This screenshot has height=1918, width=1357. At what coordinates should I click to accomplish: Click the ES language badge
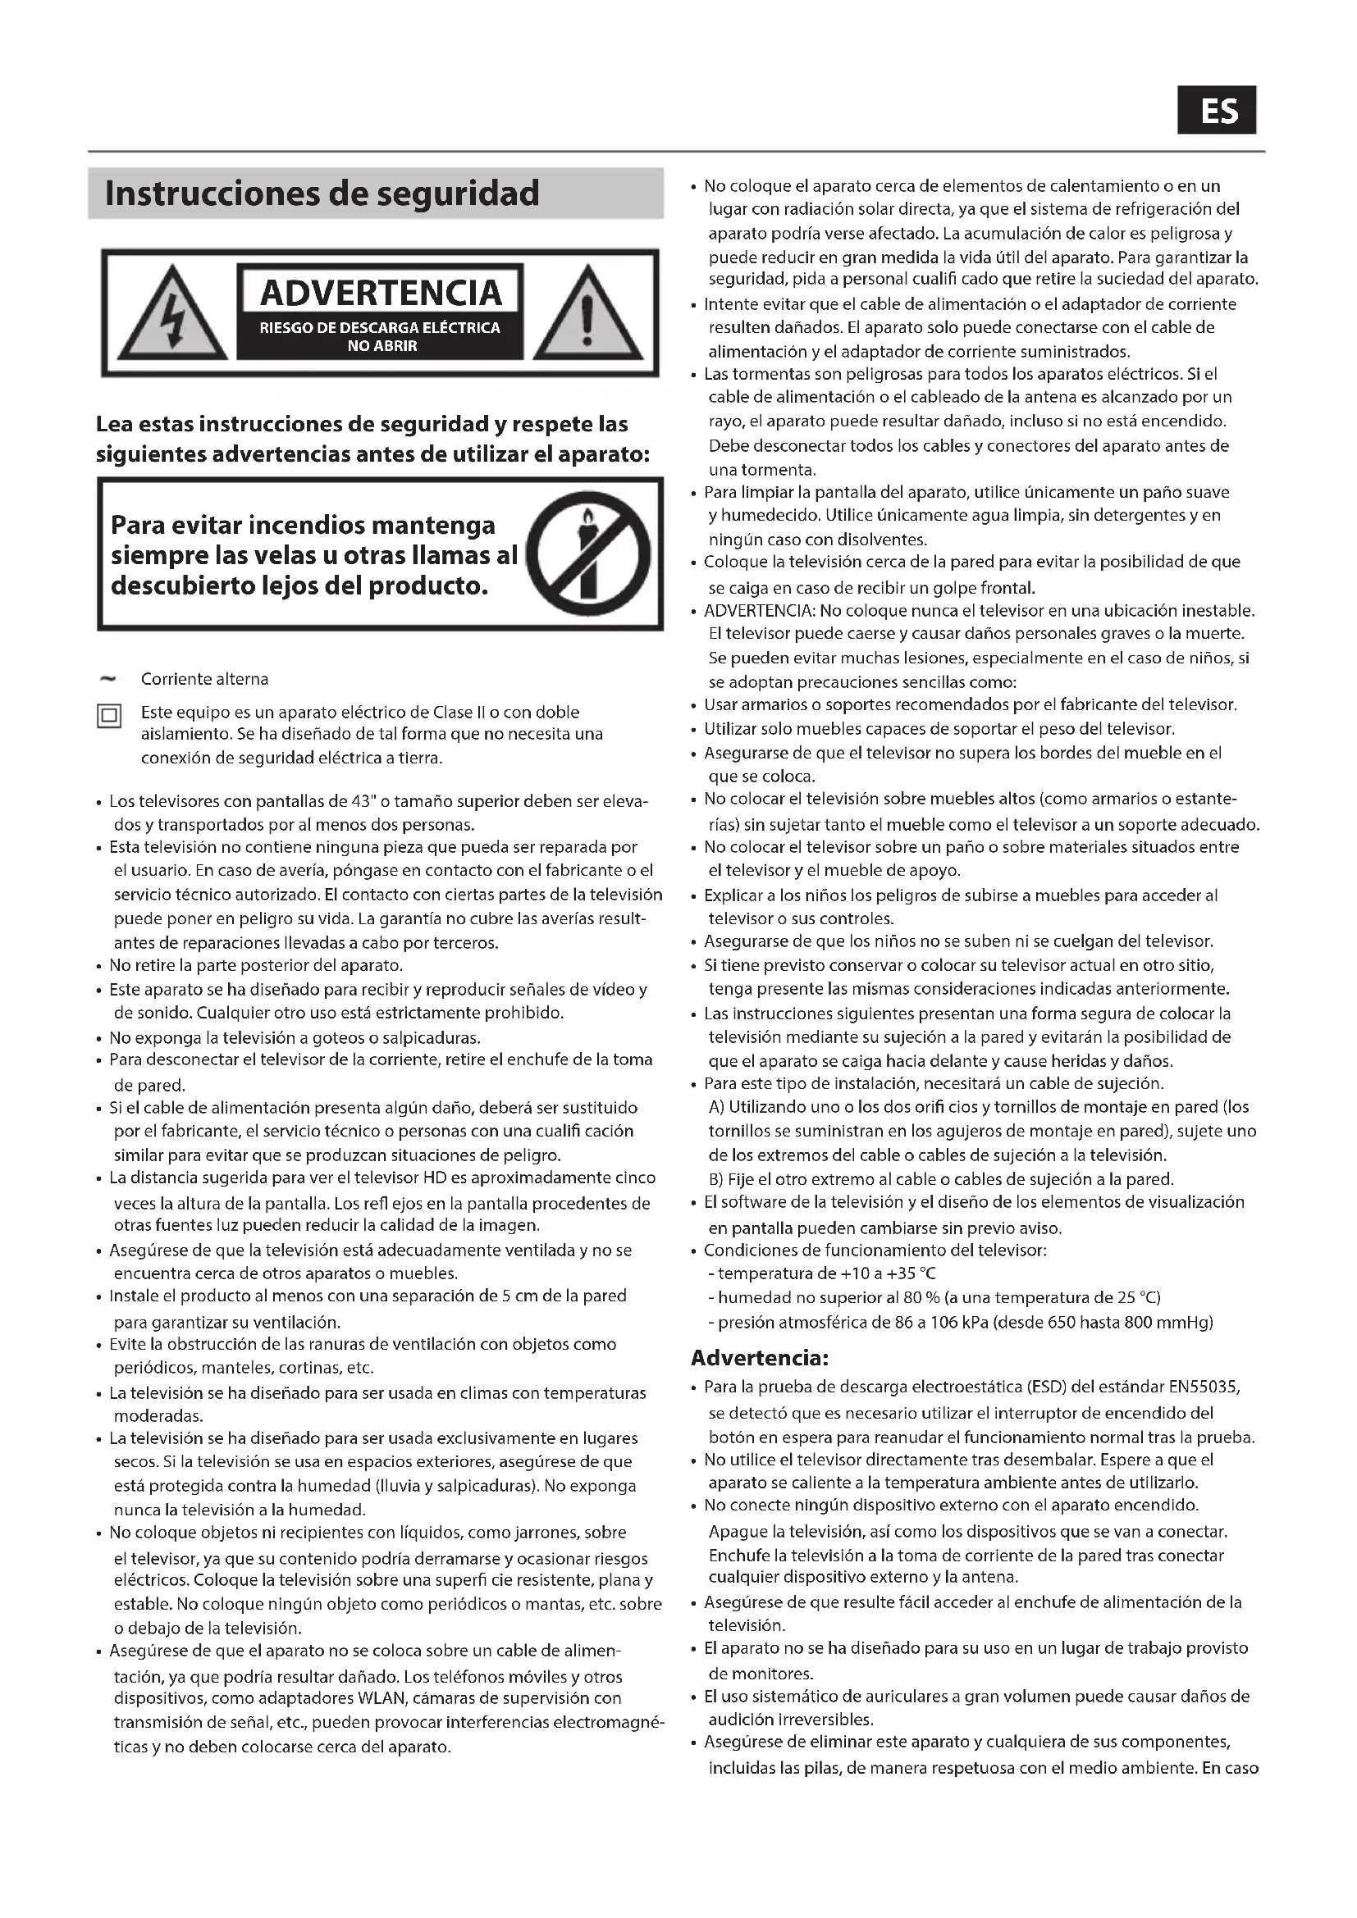(1216, 110)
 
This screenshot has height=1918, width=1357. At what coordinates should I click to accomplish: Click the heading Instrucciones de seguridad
(322, 194)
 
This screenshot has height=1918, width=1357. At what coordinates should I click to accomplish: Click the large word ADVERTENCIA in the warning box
(380, 293)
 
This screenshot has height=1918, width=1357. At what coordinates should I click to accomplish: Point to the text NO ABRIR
(382, 346)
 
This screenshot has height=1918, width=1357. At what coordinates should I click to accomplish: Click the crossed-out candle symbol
(588, 554)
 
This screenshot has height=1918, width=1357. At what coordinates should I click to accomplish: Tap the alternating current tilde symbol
(107, 679)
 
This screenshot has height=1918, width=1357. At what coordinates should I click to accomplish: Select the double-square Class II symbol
(109, 716)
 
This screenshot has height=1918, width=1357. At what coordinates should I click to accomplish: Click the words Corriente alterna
(205, 679)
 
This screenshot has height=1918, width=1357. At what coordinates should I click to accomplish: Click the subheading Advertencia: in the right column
(760, 1358)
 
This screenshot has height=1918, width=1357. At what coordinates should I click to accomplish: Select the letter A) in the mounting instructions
(717, 1108)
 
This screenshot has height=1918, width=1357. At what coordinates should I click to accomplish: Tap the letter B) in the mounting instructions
(717, 1179)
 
